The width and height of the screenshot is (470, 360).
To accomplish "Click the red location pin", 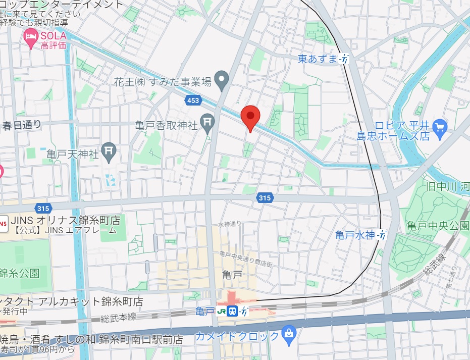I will (x=250, y=117).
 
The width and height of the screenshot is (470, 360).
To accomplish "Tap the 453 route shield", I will (x=193, y=101).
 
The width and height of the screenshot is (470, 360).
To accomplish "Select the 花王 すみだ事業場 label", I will (x=162, y=82).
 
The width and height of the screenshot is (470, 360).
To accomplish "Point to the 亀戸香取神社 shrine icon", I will (x=207, y=121).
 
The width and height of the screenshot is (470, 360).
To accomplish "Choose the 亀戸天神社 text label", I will (x=72, y=150).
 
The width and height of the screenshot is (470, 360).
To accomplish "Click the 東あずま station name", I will (x=317, y=59).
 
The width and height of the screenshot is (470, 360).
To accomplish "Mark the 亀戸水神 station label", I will (x=355, y=235).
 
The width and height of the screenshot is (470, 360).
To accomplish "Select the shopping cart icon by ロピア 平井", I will (x=439, y=125).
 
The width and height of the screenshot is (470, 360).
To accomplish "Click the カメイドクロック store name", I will (x=237, y=336).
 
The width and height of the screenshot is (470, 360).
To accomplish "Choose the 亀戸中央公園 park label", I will (x=438, y=226).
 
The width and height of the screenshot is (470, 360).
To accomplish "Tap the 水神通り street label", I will (x=230, y=224).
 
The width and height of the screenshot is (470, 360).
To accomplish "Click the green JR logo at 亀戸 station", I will (x=221, y=311).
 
